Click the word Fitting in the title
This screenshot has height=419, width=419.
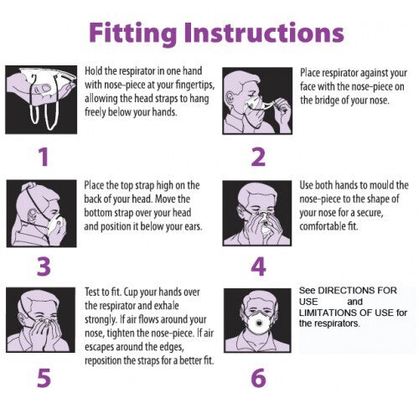133,34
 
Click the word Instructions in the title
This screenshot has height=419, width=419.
264,32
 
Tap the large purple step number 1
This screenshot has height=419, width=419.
44,157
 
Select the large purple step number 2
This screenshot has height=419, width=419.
258,157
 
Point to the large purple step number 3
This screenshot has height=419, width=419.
44,266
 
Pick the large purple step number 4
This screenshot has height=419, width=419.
258,266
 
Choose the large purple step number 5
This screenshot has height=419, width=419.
44,377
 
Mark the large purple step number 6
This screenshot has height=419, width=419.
258,377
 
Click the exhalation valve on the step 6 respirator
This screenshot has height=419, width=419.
260,323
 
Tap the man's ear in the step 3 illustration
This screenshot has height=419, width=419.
32,216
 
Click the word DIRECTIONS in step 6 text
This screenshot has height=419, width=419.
347,291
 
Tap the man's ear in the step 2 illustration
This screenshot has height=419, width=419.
230,98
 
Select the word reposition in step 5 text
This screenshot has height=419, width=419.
103,360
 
